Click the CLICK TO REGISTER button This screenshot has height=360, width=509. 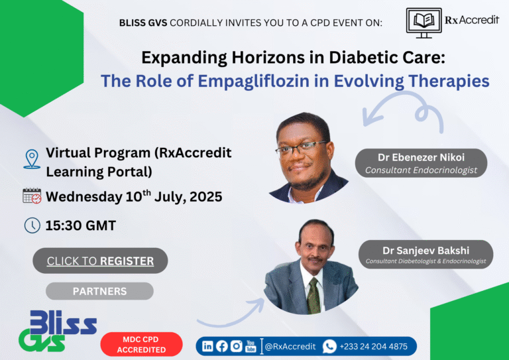click(x=100, y=261)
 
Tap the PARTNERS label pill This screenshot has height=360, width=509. click(x=99, y=291)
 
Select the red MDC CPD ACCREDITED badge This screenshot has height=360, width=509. click(x=141, y=344)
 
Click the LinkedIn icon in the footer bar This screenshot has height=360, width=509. click(x=207, y=346)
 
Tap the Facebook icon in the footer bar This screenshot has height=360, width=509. click(x=221, y=346)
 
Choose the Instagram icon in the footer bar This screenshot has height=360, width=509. click(x=236, y=346)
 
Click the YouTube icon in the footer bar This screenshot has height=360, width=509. click(x=251, y=346)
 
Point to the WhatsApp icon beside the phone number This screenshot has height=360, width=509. click(x=329, y=346)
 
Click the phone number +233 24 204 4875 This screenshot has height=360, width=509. click(x=373, y=346)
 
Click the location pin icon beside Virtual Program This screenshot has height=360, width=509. click(x=31, y=159)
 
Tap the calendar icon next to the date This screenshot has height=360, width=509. click(x=31, y=196)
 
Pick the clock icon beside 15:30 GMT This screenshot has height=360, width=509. click(x=31, y=225)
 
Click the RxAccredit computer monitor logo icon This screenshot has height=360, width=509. click(x=424, y=21)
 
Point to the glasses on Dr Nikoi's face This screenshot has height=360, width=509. click(x=301, y=147)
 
